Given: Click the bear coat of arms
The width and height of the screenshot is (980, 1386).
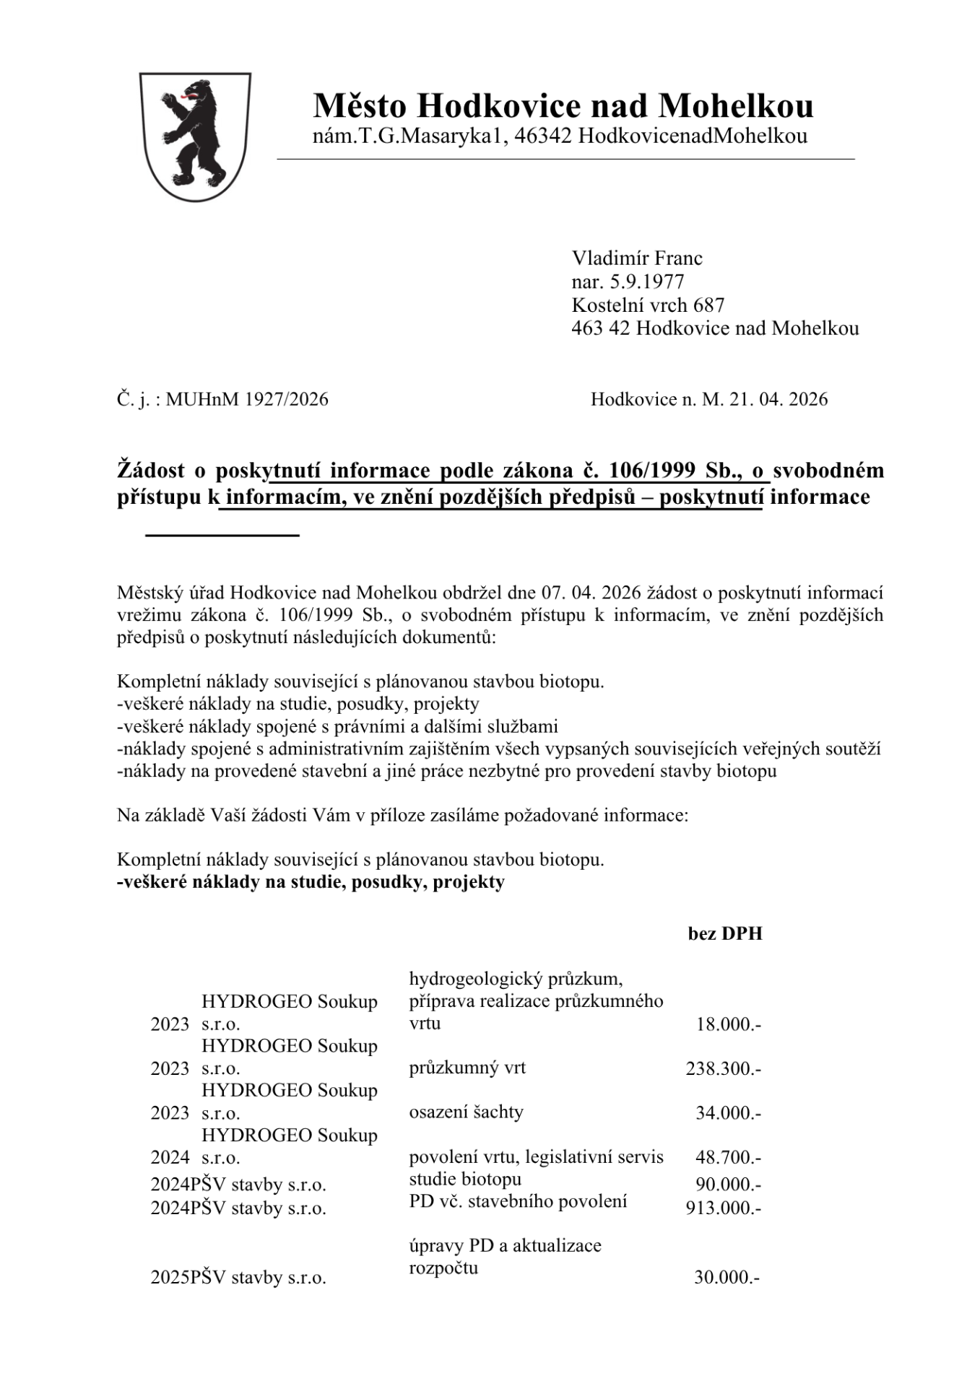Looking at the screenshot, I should click(x=195, y=136).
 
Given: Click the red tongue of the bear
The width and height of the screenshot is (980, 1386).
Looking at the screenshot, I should click(x=190, y=95).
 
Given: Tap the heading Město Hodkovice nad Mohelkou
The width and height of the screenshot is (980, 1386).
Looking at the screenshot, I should click(x=563, y=106).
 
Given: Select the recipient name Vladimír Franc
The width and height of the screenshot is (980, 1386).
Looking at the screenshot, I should click(x=637, y=258).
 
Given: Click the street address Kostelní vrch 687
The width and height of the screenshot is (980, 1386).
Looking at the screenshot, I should click(x=648, y=305).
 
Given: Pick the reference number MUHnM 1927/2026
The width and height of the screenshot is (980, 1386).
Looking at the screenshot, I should click(x=246, y=399).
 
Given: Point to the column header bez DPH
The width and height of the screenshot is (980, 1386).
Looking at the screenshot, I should click(x=724, y=933).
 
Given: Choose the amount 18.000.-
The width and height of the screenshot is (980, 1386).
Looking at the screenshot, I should click(x=728, y=1024).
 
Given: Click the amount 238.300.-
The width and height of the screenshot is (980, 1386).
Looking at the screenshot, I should click(x=723, y=1068).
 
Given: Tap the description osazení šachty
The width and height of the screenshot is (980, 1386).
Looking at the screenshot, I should click(x=466, y=1112).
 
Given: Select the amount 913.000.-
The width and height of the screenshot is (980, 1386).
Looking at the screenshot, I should click(x=723, y=1208).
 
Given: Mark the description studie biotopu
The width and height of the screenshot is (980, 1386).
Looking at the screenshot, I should click(x=465, y=1179).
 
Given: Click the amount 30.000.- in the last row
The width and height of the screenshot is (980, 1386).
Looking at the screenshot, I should click(x=727, y=1278).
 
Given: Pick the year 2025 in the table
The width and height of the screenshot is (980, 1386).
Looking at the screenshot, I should click(x=170, y=1278).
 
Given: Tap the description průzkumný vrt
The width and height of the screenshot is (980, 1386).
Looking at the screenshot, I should click(x=467, y=1068).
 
